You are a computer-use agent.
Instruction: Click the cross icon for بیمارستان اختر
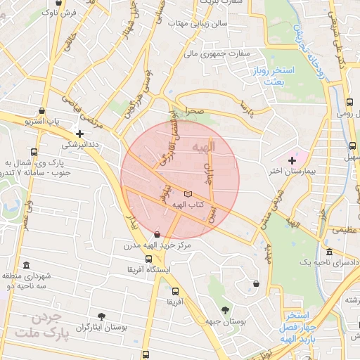(292, 160)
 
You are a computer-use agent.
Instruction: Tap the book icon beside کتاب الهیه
(187, 193)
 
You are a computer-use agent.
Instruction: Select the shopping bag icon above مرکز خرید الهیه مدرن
(157, 234)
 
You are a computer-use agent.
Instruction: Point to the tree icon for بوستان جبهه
(225, 309)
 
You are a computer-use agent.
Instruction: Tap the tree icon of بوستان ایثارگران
(102, 316)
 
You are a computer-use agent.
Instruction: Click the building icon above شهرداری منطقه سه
(27, 265)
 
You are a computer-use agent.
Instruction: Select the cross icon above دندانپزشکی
(79, 134)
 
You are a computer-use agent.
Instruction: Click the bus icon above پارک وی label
(34, 152)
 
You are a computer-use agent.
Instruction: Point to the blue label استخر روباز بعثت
(264, 76)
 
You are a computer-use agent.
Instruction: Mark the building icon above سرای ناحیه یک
(329, 252)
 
